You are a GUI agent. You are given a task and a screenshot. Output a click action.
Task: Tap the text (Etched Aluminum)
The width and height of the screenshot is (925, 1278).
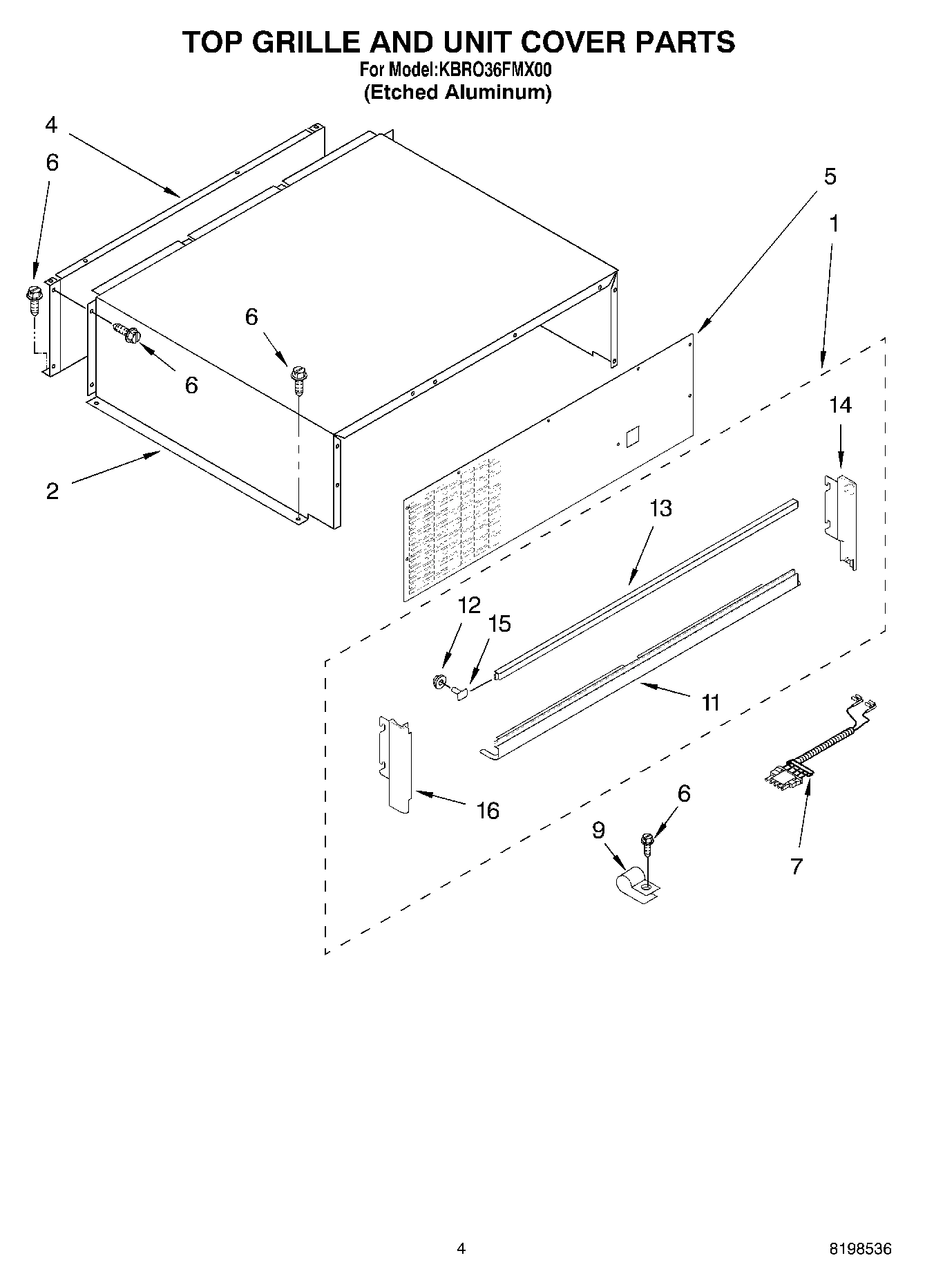457,93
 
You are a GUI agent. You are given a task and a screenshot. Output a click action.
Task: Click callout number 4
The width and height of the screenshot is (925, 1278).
51,125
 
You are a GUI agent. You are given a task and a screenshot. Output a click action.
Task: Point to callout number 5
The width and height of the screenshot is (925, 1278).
830,176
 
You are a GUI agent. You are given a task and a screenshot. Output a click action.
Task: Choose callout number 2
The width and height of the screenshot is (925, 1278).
53,491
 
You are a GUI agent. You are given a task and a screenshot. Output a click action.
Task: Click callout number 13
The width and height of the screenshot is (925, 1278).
660,509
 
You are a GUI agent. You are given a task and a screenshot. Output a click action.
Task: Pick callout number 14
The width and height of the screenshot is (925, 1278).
840,405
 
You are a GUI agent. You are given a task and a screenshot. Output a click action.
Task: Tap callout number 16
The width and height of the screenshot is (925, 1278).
488,810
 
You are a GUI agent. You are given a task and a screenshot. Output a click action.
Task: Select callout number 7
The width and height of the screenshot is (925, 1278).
797,866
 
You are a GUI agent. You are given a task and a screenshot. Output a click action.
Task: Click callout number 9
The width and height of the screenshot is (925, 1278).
598,829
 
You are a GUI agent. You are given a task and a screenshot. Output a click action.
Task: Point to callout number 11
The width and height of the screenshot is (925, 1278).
710,703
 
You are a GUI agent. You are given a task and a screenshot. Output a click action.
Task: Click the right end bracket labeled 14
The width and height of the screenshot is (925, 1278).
843,518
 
